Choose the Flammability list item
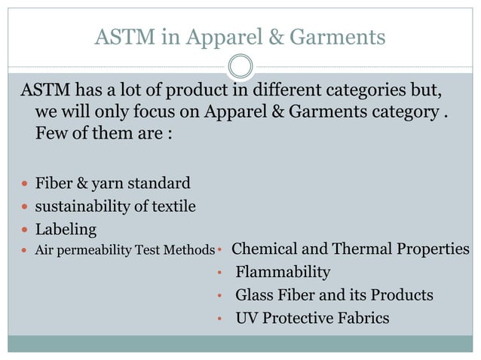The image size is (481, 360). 283,272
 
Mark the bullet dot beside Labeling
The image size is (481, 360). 26,229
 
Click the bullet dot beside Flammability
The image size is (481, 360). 218,273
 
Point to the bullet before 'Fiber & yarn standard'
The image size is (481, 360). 26,184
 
